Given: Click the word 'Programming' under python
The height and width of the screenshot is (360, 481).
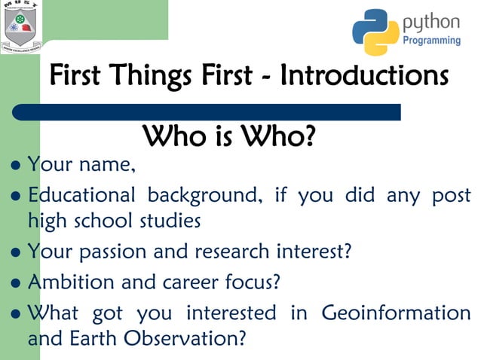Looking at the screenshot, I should (431, 40).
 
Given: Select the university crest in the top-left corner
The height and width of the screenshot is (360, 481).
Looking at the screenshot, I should (21, 27).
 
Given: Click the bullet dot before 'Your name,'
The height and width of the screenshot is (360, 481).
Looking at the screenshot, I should (17, 164).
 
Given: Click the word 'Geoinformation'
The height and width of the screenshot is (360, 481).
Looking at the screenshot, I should (396, 313).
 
